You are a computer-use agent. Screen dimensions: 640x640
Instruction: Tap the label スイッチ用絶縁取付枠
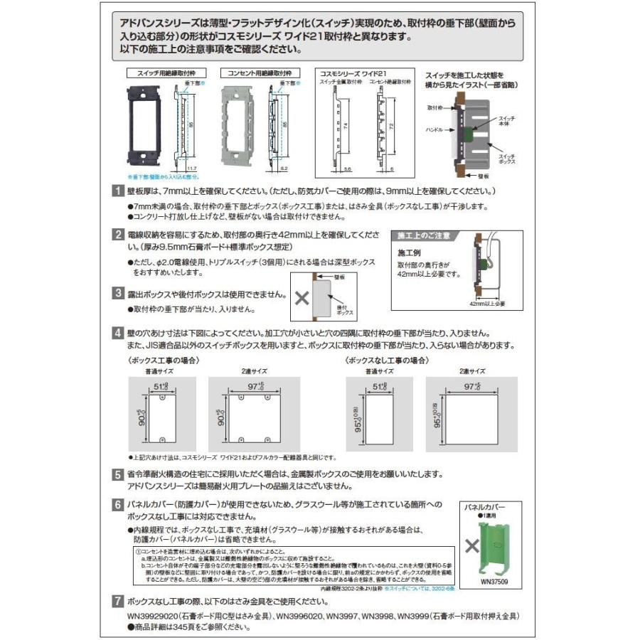(156, 73)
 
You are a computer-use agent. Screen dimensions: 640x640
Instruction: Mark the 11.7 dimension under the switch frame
(191, 168)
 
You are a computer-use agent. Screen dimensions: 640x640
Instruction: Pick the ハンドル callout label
(434, 131)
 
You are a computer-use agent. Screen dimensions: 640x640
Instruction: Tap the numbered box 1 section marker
(118, 192)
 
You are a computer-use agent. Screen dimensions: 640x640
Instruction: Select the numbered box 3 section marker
(118, 293)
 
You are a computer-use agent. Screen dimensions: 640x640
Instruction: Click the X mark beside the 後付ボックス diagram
(302, 298)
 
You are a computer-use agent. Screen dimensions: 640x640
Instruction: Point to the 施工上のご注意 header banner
(424, 235)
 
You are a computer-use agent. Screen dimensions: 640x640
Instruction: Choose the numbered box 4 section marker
(118, 333)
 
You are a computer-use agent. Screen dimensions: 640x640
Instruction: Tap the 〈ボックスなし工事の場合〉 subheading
(387, 361)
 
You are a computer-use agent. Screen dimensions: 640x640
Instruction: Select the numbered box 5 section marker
(118, 474)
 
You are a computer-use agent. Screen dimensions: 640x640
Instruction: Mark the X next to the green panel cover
(471, 546)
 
